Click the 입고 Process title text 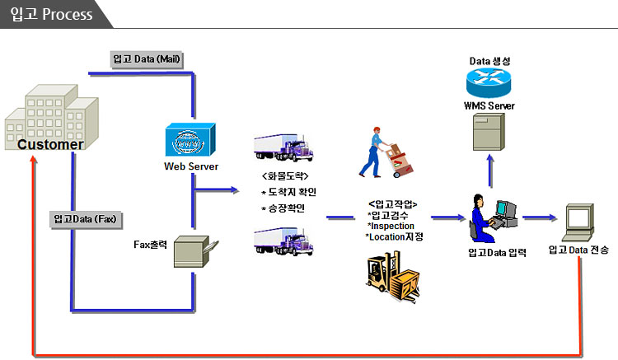click(52, 14)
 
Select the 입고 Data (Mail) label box click(147, 59)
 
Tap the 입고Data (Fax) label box click(86, 219)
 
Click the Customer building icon click(51, 117)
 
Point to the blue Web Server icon click(190, 139)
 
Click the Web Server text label click(191, 166)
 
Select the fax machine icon click(195, 252)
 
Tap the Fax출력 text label click(150, 245)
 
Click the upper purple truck click(283, 147)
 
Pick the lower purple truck click(283, 241)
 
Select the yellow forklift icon click(393, 277)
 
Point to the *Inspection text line click(391, 226)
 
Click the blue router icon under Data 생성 click(489, 82)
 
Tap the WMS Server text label click(489, 106)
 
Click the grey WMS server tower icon click(489, 132)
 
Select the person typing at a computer click(494, 217)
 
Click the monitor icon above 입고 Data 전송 click(578, 222)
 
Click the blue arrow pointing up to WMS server click(490, 171)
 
